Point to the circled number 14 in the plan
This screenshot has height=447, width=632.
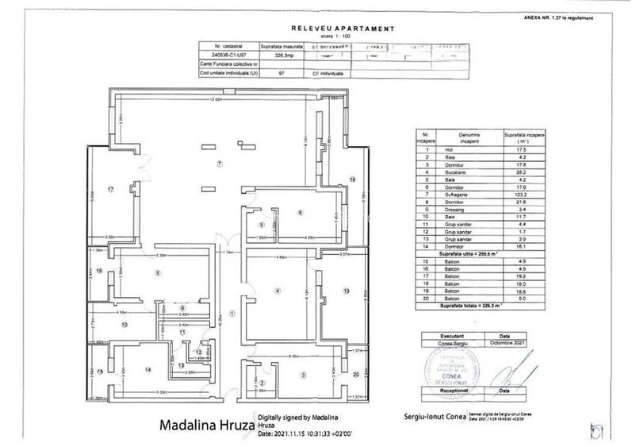(x=148, y=370)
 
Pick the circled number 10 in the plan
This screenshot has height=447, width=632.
(x=124, y=324)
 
